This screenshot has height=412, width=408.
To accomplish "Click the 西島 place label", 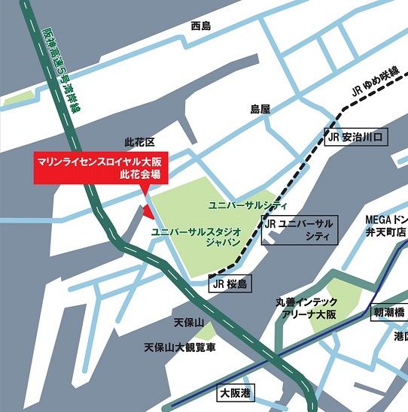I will [201, 26].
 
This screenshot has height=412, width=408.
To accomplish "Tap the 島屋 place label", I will [260, 110].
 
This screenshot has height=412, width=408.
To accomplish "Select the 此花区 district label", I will [139, 142].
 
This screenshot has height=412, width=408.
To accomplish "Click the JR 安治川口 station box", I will [357, 138].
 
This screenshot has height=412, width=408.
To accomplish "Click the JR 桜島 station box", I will [229, 283].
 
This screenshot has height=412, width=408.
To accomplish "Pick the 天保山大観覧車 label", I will [180, 348].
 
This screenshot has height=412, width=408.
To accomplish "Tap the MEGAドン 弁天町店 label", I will [385, 226].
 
